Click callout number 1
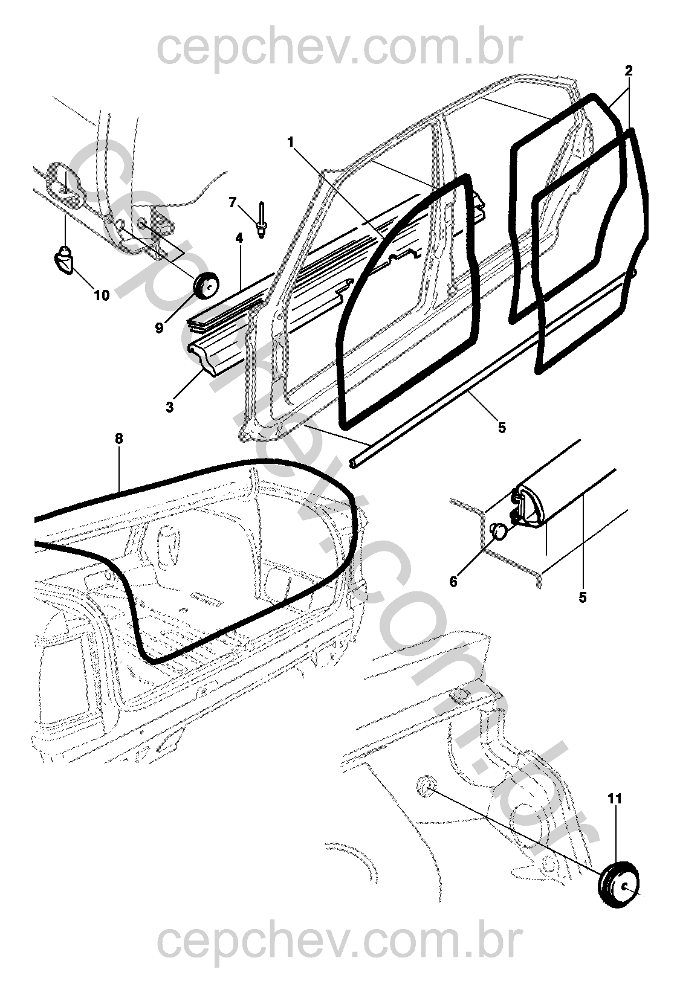pyautogui.click(x=291, y=142)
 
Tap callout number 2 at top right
pyautogui.click(x=629, y=71)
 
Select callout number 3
pyautogui.click(x=170, y=407)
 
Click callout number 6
pyautogui.click(x=453, y=582)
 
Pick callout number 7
pyautogui.click(x=232, y=202)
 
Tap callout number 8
pyautogui.click(x=118, y=439)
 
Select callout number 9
pyautogui.click(x=159, y=327)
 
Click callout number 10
pyautogui.click(x=102, y=295)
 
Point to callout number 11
pyautogui.click(x=615, y=799)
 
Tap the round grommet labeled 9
pyautogui.click(x=206, y=286)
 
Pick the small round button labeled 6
pyautogui.click(x=498, y=532)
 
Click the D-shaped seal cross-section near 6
pyautogui.click(x=528, y=506)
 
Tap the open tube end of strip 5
pyautogui.click(x=353, y=463)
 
